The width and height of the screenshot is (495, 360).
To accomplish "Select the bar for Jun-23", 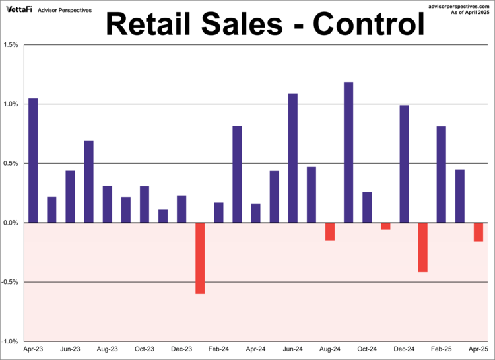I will [70, 197].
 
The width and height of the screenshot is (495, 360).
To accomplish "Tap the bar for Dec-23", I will [181, 209].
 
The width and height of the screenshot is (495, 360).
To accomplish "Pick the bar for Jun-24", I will [293, 158].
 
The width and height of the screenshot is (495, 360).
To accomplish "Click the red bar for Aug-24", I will [330, 231].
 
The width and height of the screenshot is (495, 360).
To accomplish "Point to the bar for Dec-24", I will [405, 164].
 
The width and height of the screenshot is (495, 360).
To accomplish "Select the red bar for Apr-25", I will [478, 232].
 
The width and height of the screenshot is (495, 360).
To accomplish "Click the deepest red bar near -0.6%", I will [200, 258].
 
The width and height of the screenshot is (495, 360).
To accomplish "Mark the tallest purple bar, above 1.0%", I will [348, 152].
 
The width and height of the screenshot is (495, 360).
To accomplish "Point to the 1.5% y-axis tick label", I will [11, 45].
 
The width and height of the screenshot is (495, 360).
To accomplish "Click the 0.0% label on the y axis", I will [11, 223].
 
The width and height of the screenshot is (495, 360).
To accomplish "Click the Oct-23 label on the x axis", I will [145, 349].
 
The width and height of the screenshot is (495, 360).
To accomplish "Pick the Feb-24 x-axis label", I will [219, 349].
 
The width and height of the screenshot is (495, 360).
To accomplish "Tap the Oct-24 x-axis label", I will [367, 349].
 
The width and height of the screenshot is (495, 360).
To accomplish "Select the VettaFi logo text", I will [19, 11].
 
